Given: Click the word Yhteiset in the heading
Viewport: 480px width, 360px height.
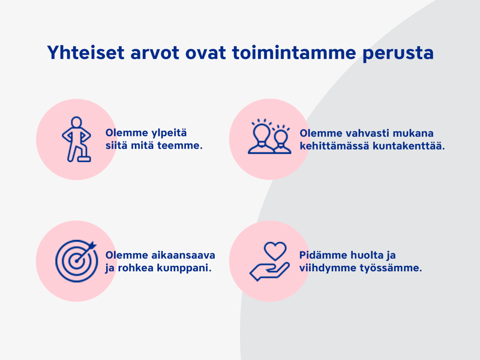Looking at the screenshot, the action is (86, 52).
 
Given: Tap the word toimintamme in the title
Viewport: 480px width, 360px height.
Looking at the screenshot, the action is (294, 52).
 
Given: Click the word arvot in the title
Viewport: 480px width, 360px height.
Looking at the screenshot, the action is (155, 53).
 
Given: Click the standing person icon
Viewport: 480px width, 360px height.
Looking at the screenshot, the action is (77, 139).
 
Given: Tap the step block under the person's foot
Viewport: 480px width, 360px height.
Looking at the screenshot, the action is (84, 159).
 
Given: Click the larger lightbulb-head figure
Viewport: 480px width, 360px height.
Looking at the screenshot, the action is (260, 136).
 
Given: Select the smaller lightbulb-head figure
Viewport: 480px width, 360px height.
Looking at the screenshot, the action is (281, 140).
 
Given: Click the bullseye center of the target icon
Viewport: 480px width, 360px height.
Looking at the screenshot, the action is (76, 261).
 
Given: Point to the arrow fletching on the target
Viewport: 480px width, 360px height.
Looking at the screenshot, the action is (92, 245).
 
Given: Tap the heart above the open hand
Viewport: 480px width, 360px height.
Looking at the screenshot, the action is (275, 251).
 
